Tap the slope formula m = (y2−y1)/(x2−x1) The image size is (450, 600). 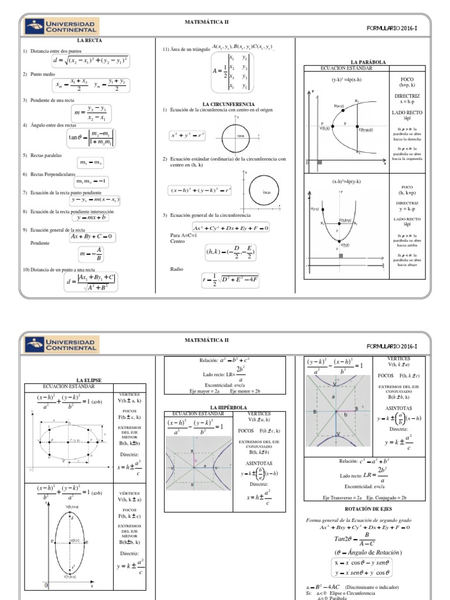click(92, 113)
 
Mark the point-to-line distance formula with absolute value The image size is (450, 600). click(91, 282)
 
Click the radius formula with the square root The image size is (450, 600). click(230, 280)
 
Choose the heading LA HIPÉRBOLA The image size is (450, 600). click(229, 407)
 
